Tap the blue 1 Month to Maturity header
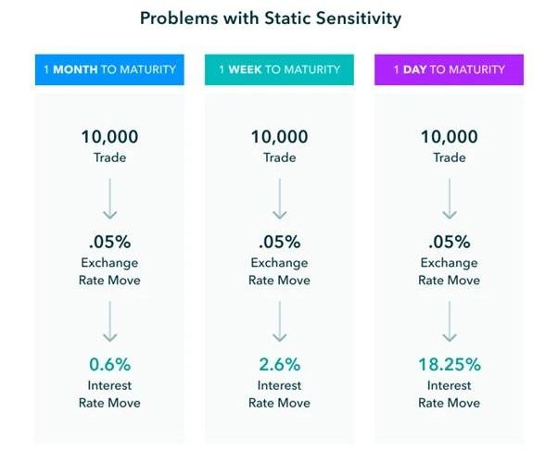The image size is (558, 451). tap(109, 69)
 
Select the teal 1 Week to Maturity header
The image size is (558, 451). tap(279, 69)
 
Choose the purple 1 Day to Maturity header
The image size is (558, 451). tap(449, 69)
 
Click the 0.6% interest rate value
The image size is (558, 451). tap(109, 365)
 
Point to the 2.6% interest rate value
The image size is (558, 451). tap(279, 365)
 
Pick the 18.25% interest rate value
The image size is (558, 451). tap(449, 365)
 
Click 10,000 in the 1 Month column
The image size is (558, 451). tap(109, 137)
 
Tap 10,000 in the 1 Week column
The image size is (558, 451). tap(279, 137)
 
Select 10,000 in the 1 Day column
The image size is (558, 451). tap(449, 137)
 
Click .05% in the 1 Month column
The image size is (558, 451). tap(109, 243)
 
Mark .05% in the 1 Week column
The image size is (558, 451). tap(279, 243)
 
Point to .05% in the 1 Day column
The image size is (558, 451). tap(449, 243)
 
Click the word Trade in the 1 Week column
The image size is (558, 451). tap(279, 157)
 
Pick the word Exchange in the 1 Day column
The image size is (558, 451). tap(449, 263)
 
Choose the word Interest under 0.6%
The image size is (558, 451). tap(109, 385)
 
